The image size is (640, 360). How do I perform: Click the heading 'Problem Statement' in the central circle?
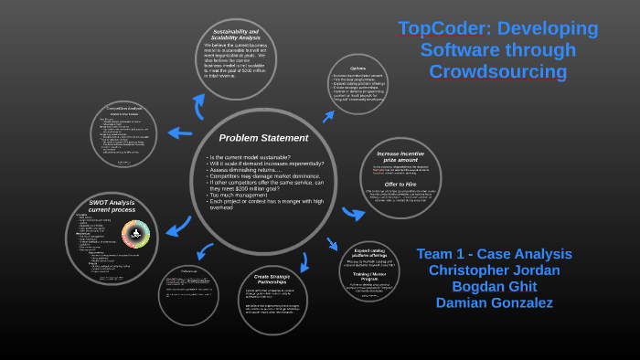tap(263, 138)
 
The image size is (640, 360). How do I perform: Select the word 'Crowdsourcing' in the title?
tap(498, 71)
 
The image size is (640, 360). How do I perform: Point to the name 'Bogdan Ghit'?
tap(495, 286)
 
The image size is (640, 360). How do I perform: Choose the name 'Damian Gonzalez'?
tap(495, 302)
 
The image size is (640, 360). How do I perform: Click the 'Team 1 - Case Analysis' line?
tap(495, 253)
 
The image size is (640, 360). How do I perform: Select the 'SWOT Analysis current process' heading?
tap(112, 206)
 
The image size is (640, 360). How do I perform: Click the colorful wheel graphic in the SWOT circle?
tap(135, 235)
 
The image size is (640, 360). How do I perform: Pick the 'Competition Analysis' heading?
tap(123, 108)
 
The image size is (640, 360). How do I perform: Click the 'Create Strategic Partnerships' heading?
tap(272, 278)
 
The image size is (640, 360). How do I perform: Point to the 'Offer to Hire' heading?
tap(400, 184)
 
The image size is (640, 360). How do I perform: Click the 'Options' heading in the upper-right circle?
tap(357, 68)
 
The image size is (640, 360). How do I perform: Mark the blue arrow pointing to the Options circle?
tap(327, 116)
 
